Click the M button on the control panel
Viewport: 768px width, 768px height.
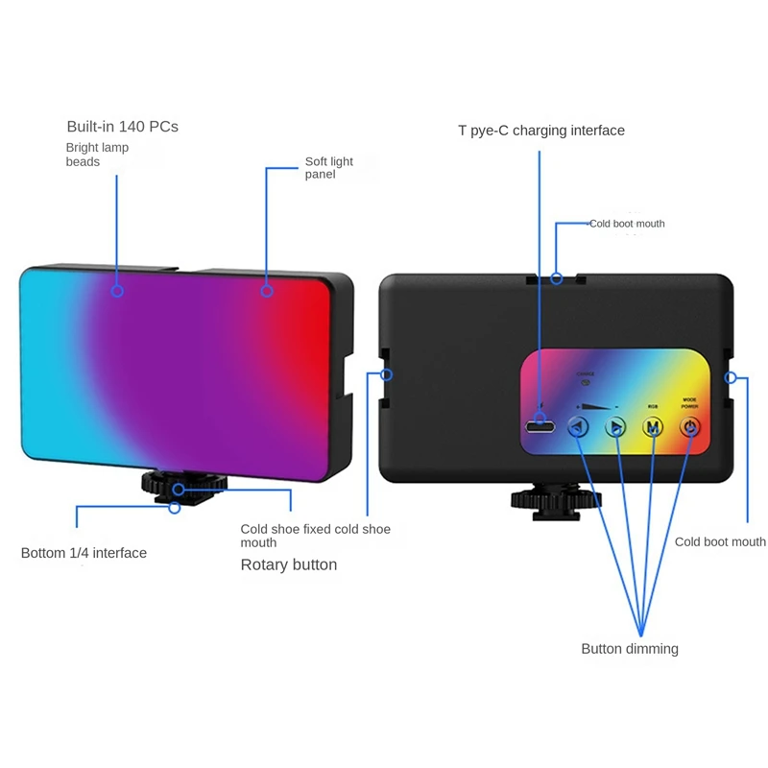tap(653, 427)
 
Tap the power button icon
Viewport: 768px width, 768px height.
tap(689, 427)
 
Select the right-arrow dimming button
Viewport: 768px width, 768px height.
tap(615, 427)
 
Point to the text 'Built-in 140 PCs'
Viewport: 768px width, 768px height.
tap(122, 127)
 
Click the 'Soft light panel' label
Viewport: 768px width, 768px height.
tap(329, 168)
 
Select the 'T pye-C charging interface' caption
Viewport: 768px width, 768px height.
tap(541, 131)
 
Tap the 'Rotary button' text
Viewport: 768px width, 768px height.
tap(288, 565)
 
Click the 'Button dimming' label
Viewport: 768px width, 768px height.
tap(630, 649)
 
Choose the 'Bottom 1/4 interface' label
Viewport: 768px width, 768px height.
tap(84, 553)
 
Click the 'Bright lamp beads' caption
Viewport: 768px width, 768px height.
tap(97, 155)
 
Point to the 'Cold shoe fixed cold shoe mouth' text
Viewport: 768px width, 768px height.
tap(315, 536)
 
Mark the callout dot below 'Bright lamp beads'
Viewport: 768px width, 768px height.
tap(117, 289)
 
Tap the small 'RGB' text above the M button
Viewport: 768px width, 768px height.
tap(653, 406)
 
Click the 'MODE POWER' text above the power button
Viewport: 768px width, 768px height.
tap(689, 402)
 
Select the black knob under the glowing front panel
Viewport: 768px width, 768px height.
tap(175, 486)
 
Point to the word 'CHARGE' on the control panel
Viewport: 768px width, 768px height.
tap(586, 374)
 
